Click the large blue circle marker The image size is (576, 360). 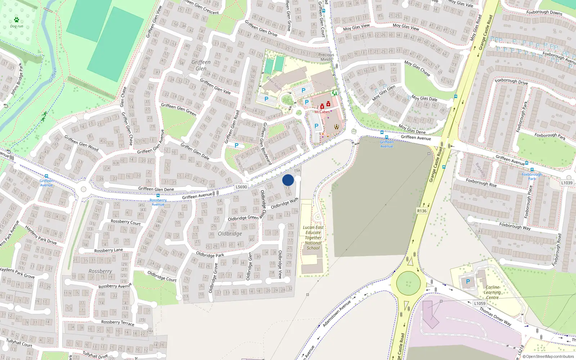(x=288, y=180)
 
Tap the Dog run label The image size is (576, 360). (x=17, y=26)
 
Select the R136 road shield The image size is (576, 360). (x=422, y=211)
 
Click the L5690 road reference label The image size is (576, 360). (x=241, y=187)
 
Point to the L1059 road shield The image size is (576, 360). (x=480, y=303)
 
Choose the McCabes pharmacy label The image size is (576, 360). (x=322, y=112)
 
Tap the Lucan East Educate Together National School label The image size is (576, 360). (x=313, y=238)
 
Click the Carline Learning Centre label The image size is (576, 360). (x=492, y=292)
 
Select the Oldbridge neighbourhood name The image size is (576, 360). (x=230, y=234)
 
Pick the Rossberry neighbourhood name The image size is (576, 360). (x=100, y=271)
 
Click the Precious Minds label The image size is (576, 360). (x=326, y=57)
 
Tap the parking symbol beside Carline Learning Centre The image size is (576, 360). (x=468, y=282)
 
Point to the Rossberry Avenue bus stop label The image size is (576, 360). (x=158, y=202)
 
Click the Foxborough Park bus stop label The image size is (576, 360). (x=532, y=176)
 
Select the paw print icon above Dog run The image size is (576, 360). (x=17, y=20)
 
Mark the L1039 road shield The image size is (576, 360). (x=567, y=183)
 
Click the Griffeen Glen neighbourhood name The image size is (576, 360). (x=201, y=65)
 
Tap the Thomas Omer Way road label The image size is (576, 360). (x=495, y=316)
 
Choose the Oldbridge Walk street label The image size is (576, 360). (x=284, y=203)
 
